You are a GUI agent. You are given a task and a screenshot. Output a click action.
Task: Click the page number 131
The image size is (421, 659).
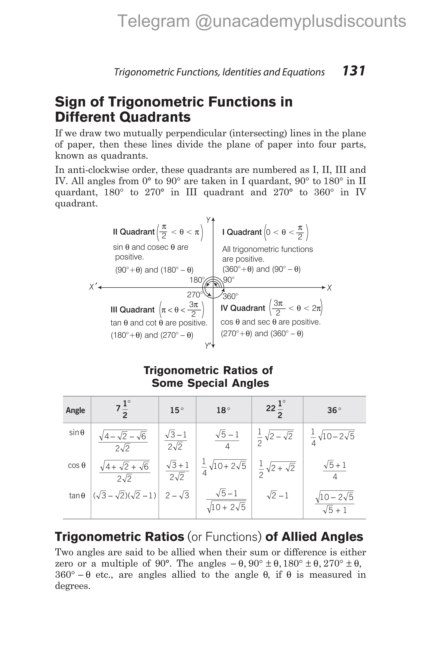tap(354, 71)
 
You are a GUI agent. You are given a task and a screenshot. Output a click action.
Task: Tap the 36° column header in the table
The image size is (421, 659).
tap(334, 410)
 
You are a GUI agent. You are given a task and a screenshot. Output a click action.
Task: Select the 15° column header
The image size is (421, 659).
tap(177, 410)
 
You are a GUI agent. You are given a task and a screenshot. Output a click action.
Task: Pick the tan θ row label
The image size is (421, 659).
tap(77, 496)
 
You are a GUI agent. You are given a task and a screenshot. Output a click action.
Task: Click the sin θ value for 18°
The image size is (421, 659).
tap(227, 440)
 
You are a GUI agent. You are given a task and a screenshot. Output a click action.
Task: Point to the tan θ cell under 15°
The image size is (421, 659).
tap(177, 496)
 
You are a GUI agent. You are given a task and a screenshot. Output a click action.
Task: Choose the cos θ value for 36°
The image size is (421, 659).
tap(334, 471)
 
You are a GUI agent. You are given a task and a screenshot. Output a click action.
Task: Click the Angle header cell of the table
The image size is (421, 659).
tap(75, 410)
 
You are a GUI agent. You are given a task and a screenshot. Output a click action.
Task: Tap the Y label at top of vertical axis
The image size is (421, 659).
tap(208, 220)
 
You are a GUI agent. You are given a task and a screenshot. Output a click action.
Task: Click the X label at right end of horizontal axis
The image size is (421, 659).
tap(329, 288)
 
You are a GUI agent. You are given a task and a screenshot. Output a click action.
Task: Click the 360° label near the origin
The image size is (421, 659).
tap(230, 296)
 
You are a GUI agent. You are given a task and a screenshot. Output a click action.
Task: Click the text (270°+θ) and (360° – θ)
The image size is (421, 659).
tap(262, 334)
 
